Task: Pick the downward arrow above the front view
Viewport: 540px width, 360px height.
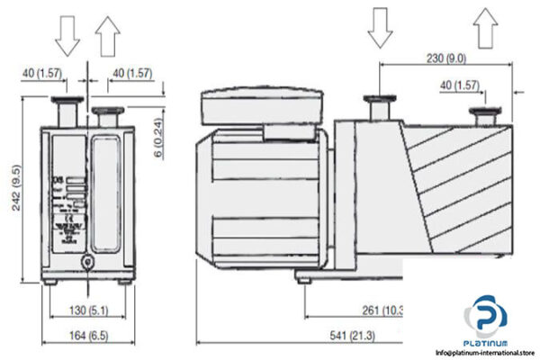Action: pyautogui.click(x=67, y=33)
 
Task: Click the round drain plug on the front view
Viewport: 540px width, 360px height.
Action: pyautogui.click(x=86, y=261)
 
